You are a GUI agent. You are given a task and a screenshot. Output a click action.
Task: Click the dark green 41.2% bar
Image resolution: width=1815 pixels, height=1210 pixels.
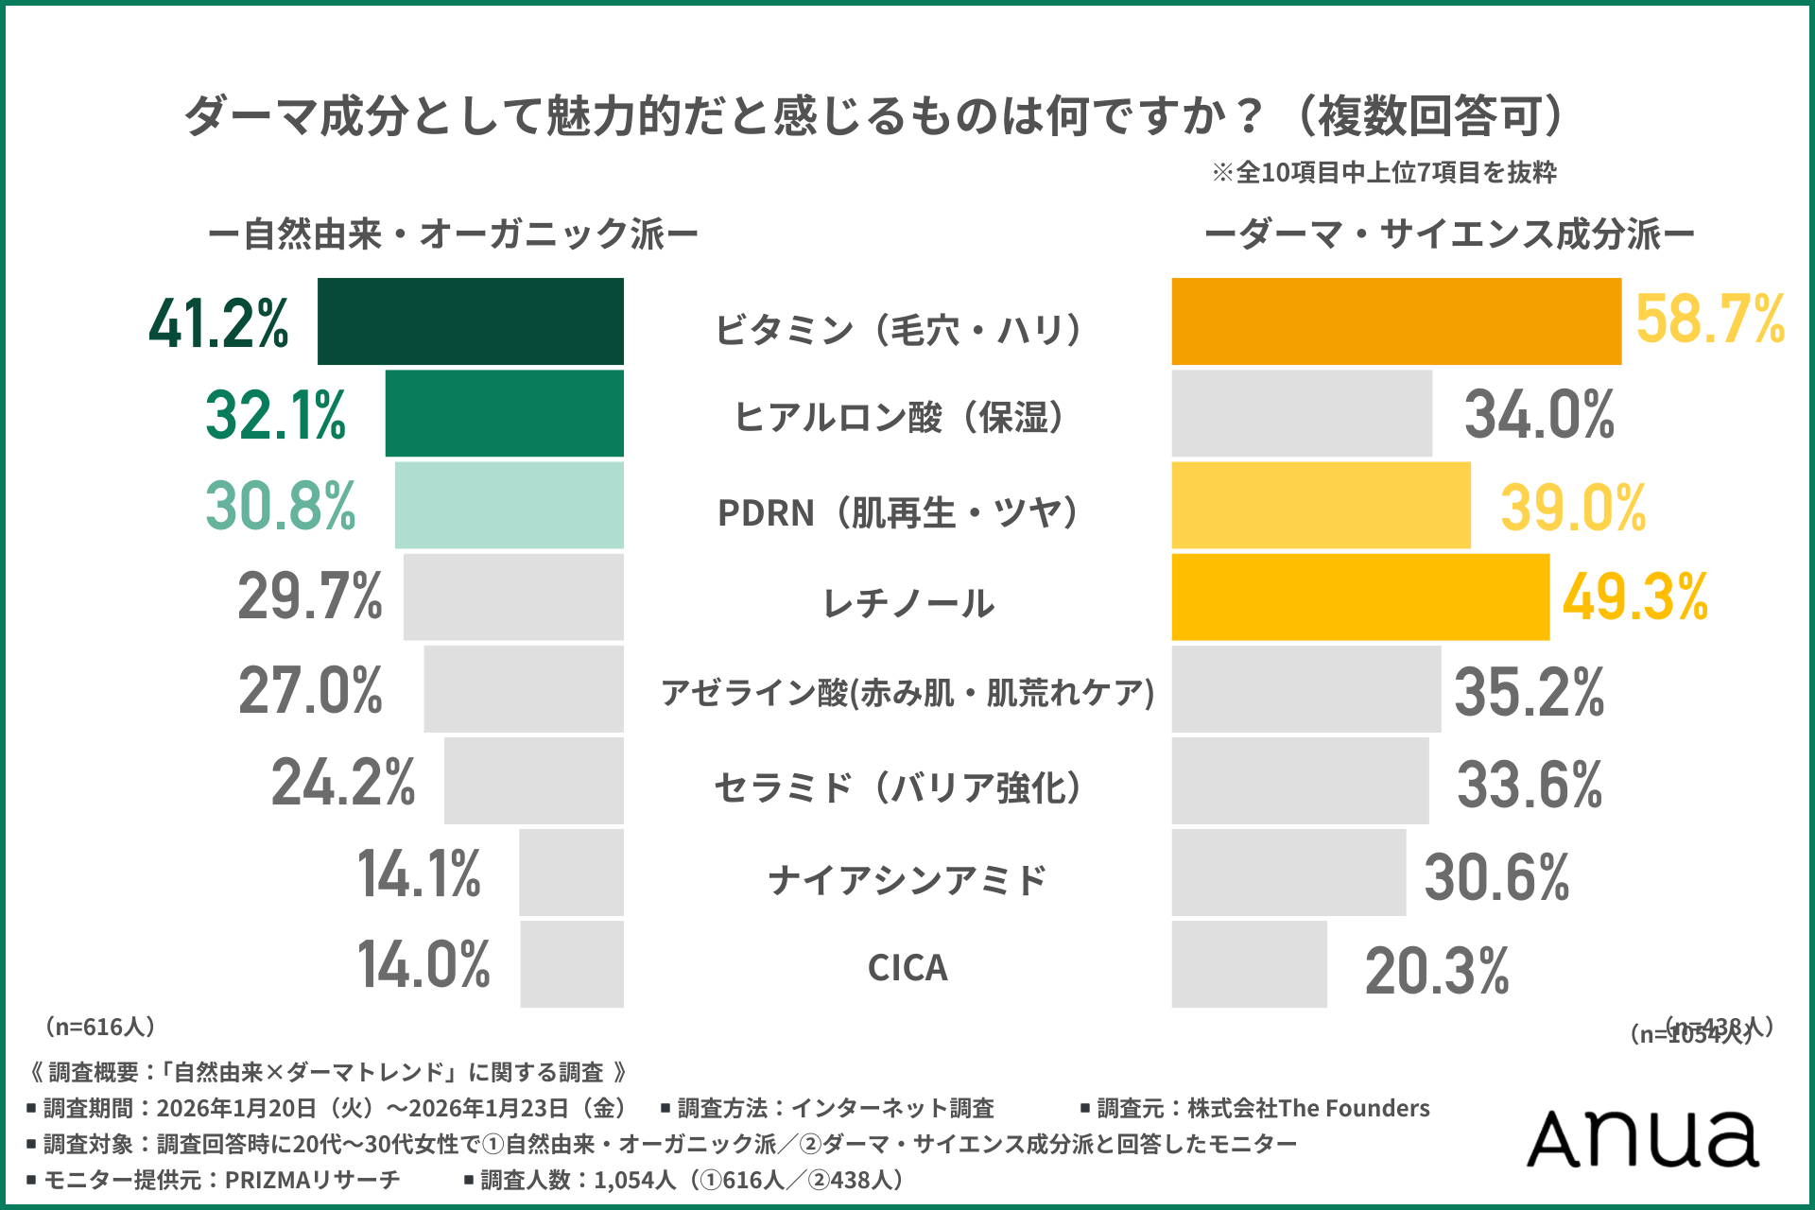click(470, 321)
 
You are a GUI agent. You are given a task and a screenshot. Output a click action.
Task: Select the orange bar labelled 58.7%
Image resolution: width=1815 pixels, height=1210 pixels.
click(1395, 321)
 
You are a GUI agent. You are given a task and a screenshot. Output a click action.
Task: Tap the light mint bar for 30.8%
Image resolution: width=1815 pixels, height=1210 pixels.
click(509, 505)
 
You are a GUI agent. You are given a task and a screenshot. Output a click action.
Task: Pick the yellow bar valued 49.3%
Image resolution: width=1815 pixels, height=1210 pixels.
click(1359, 597)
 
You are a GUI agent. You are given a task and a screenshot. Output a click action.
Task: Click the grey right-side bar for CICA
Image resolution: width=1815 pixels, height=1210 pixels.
click(1249, 964)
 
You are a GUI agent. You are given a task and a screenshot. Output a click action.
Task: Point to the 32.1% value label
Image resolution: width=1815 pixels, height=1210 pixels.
click(276, 415)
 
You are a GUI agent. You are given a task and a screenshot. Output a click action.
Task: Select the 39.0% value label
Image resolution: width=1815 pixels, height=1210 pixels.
click(1573, 508)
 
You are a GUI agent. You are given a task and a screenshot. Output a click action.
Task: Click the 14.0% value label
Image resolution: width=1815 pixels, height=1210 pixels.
click(423, 965)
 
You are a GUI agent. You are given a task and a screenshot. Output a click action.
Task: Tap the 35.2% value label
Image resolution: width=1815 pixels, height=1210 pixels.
click(1529, 691)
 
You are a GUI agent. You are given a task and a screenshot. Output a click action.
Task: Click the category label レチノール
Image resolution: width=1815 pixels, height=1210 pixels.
click(907, 603)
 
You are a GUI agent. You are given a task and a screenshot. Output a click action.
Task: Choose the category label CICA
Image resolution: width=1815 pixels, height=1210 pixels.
click(907, 968)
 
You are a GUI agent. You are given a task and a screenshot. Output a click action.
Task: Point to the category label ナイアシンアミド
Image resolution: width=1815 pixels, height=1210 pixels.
click(907, 880)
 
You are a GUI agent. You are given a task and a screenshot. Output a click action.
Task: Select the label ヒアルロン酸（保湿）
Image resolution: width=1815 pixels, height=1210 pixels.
click(902, 417)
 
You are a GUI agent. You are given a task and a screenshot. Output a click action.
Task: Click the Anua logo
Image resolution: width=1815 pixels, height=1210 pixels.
click(1643, 1138)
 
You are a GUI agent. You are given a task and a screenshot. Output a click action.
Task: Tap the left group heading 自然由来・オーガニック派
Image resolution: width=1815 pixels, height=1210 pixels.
click(454, 234)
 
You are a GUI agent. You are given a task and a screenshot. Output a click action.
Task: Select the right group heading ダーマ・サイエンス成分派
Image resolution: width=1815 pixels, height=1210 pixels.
click(1449, 234)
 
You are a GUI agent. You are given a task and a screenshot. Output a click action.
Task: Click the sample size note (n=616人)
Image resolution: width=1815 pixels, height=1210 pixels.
click(100, 1027)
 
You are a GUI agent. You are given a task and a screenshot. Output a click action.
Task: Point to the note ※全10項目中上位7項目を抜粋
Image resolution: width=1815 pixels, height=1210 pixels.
click(1384, 172)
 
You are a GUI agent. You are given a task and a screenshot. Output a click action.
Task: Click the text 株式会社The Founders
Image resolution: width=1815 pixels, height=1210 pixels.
click(1308, 1108)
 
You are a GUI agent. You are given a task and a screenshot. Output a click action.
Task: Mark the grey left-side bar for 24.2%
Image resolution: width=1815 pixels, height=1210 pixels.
click(533, 781)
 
